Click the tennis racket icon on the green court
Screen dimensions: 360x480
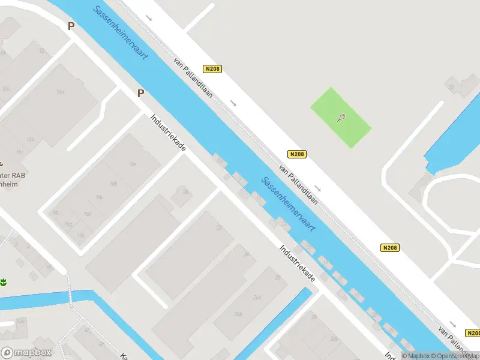(341, 118)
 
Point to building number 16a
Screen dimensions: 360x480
(59, 92)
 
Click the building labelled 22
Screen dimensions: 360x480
(219, 228)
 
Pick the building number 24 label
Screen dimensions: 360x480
(245, 254)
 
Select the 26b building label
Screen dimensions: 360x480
(238, 314)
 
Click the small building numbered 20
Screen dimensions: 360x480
(185, 192)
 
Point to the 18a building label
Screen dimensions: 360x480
(132, 164)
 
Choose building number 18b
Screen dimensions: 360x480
(113, 184)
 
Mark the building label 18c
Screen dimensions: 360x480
(99, 197)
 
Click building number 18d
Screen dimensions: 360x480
(88, 214)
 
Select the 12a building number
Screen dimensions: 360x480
(6, 88)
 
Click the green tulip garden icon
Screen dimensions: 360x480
(3, 282)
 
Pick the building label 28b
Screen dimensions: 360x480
(277, 277)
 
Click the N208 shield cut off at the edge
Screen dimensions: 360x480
(473, 333)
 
